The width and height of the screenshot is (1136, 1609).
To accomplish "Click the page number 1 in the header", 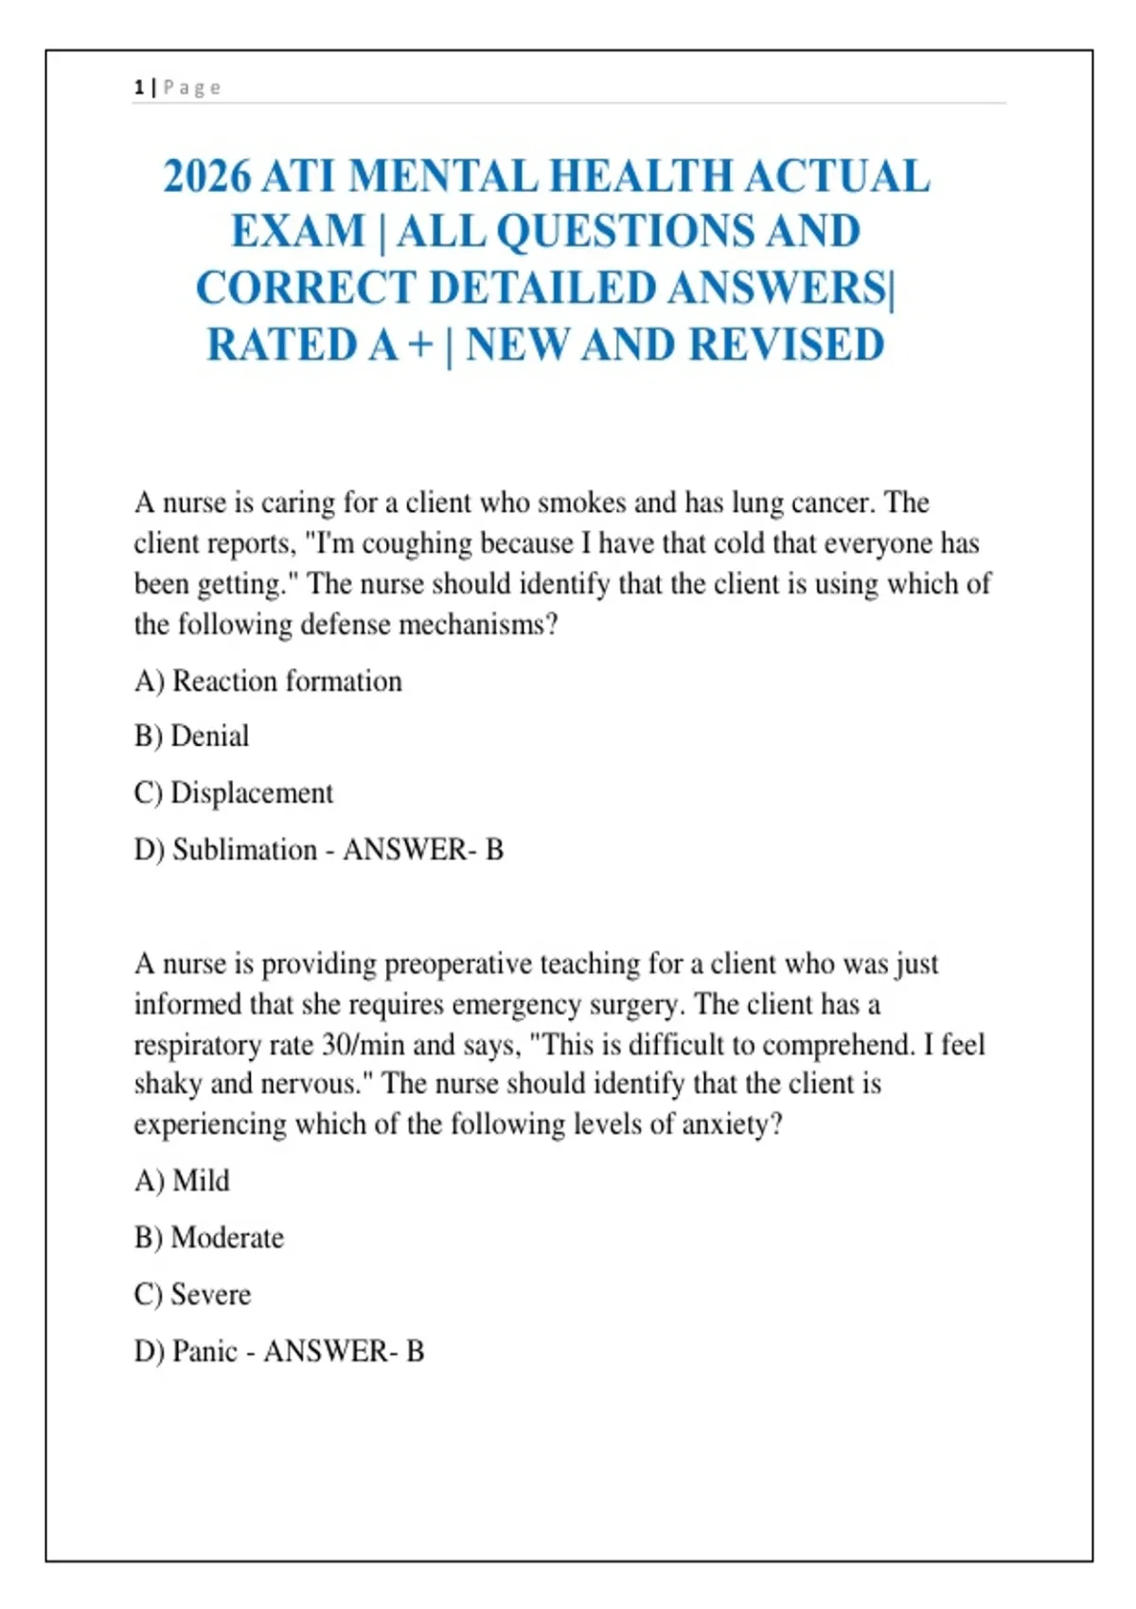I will click(139, 88).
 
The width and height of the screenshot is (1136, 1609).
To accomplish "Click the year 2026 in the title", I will click(207, 177).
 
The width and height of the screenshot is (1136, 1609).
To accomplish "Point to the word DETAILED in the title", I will click(542, 289).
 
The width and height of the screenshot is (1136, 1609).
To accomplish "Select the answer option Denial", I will click(209, 736).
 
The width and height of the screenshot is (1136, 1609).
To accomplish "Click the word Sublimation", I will click(244, 850).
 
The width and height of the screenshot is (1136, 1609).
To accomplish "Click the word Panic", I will click(204, 1352).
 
